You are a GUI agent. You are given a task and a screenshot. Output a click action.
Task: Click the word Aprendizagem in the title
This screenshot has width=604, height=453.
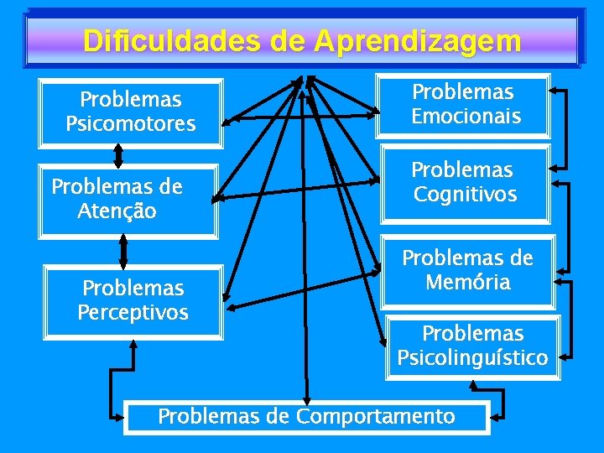(418, 40)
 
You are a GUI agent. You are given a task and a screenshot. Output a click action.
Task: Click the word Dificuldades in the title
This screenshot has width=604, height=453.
(171, 40)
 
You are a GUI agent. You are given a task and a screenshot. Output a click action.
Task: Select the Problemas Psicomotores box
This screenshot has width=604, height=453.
(131, 112)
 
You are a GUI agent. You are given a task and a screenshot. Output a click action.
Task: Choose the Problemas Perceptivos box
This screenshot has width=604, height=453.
(133, 301)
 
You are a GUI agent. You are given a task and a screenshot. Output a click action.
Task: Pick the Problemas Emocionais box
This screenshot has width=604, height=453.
(466, 105)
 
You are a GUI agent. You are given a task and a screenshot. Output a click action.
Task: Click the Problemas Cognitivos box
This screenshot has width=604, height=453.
(466, 183)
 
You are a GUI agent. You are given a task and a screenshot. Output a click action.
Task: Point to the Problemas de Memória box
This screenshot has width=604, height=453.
(467, 270)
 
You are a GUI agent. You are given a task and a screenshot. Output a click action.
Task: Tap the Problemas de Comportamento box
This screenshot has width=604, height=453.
(306, 417)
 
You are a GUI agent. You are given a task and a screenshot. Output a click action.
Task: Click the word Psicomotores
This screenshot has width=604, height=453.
(131, 125)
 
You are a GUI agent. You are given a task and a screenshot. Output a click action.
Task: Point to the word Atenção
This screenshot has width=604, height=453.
(117, 211)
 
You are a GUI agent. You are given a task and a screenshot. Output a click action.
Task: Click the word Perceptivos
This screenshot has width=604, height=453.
(133, 313)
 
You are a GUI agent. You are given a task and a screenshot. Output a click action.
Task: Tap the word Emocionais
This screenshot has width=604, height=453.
(466, 116)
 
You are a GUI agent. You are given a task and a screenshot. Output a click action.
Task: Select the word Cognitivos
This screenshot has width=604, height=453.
(466, 195)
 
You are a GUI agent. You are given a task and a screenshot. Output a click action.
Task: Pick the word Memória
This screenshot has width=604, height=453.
(467, 282)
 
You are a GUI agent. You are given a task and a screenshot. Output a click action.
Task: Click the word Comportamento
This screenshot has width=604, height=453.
(376, 417)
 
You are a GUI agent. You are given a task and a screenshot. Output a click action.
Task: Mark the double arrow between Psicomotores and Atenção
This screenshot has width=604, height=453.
(119, 154)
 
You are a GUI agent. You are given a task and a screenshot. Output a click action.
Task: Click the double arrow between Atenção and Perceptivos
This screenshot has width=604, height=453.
(123, 252)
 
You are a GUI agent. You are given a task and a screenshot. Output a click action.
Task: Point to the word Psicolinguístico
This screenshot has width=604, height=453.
(473, 358)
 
